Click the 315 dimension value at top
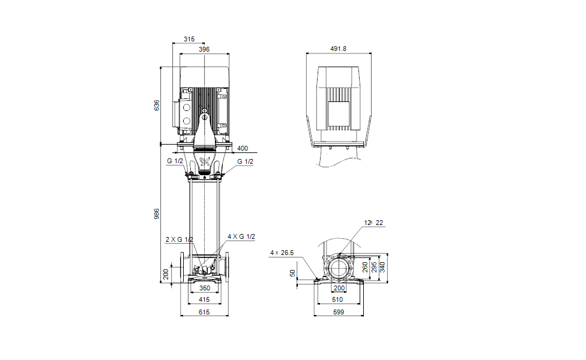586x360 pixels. coord(189,39)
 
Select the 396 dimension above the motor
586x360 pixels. coord(204,49)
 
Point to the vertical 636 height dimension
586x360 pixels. coord(157,105)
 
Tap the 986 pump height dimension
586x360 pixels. coord(157,214)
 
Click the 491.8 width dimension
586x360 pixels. coord(339,49)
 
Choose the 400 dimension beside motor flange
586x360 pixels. coord(242,148)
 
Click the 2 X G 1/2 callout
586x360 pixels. coord(180,239)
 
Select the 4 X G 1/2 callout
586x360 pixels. coord(241,236)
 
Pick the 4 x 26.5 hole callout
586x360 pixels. coord(282,253)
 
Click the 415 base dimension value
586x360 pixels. coord(205,298)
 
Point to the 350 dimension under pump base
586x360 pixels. coord(205,288)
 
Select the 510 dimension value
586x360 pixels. coord(339,298)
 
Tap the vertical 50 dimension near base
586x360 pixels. coord(294,273)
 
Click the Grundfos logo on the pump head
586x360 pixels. coord(205,162)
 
